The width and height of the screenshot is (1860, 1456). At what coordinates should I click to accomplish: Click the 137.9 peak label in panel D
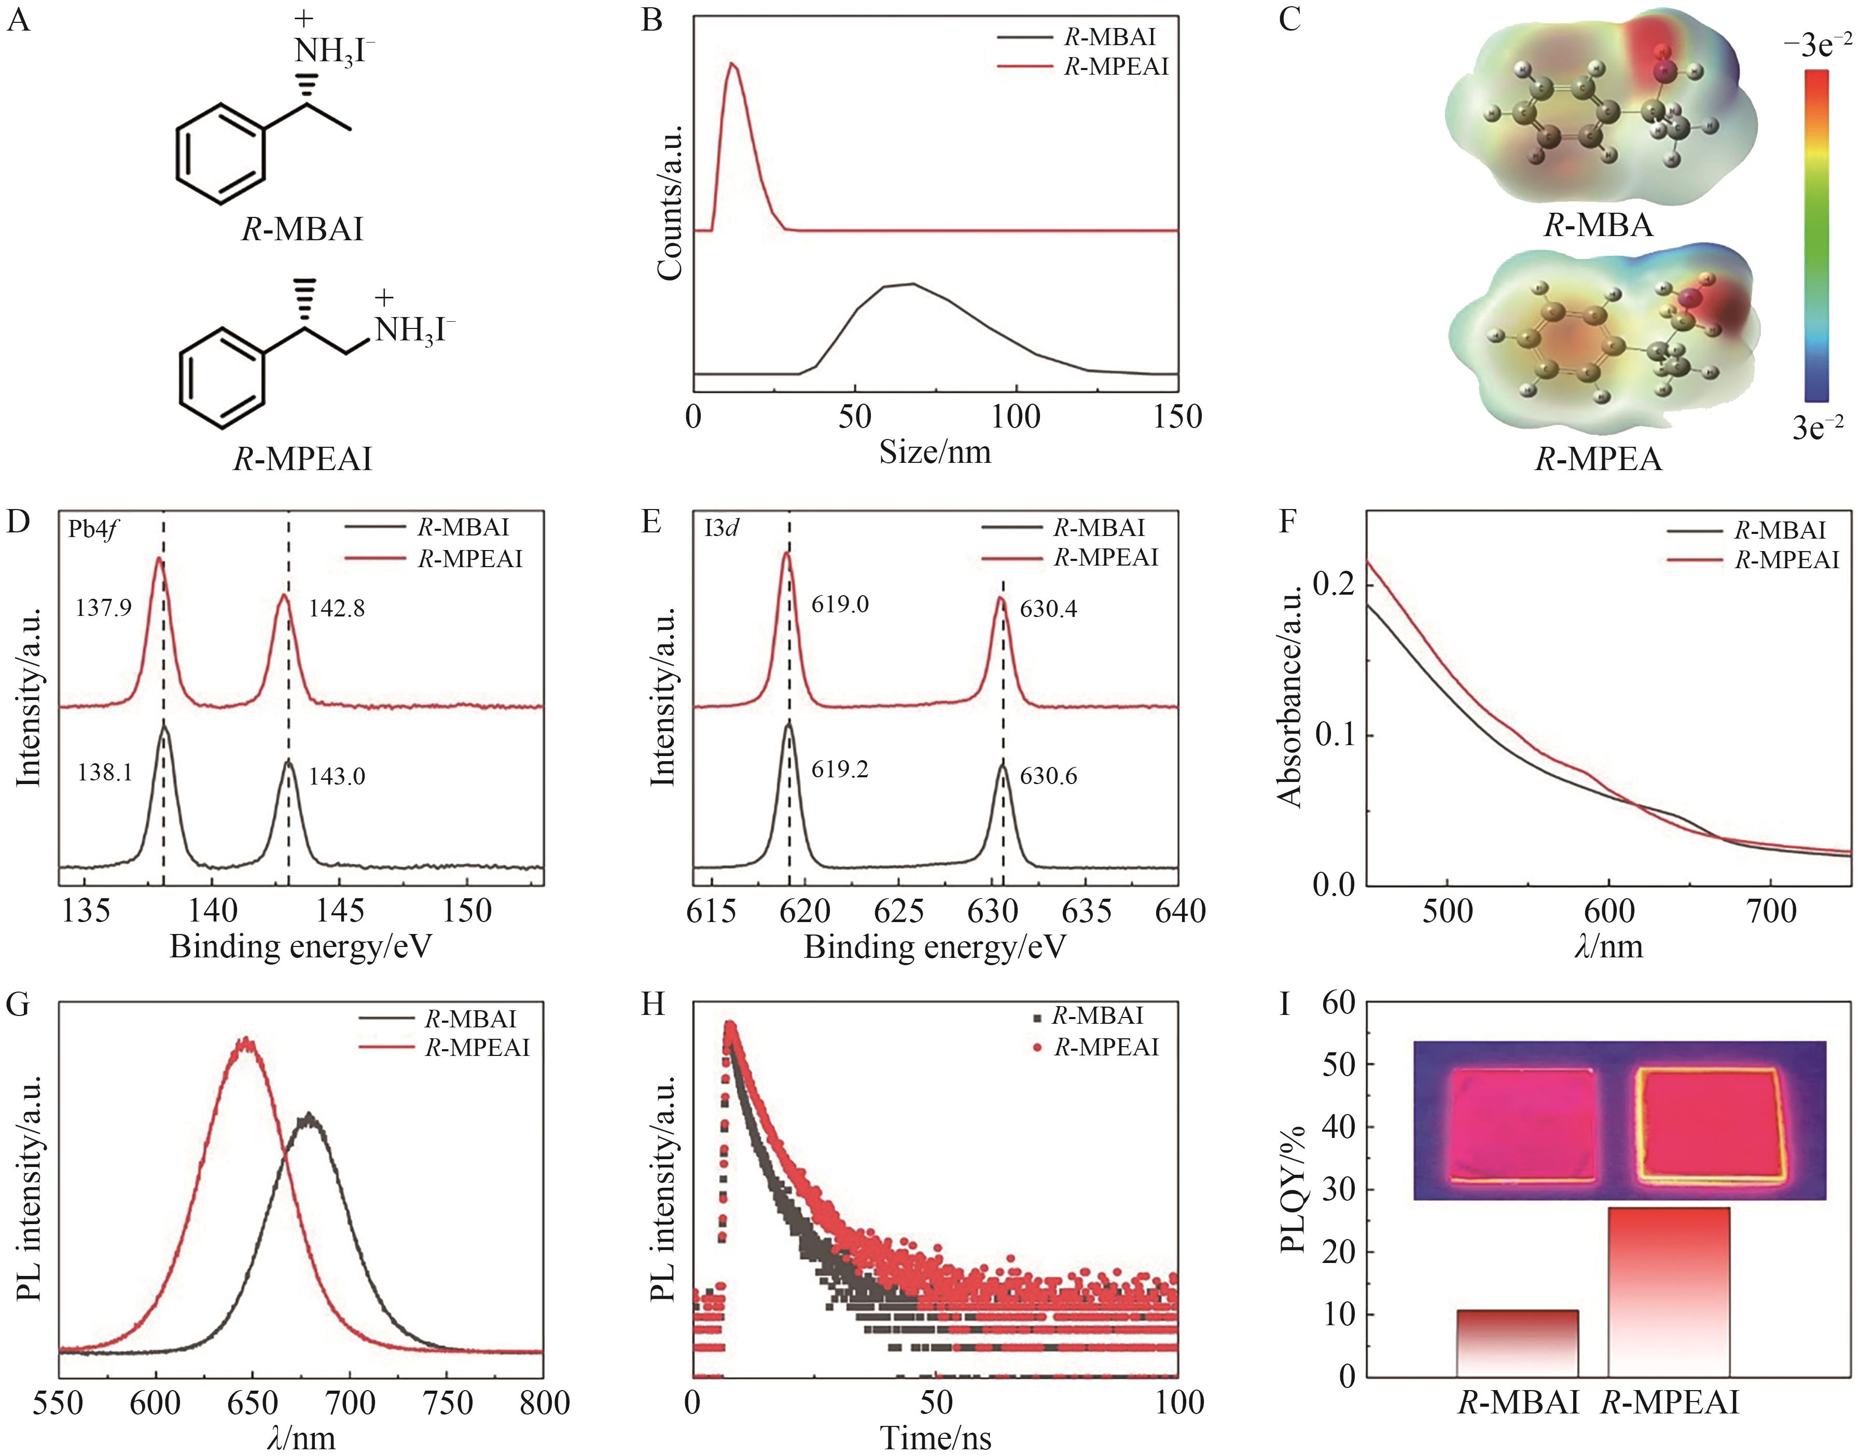(x=103, y=609)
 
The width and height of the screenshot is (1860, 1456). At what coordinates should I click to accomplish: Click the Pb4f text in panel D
(x=93, y=529)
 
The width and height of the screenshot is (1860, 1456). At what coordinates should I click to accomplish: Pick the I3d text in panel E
(x=721, y=529)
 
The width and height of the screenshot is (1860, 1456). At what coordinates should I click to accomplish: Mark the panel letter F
(x=1290, y=521)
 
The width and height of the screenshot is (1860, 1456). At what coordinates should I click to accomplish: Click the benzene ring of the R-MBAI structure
(x=220, y=154)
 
